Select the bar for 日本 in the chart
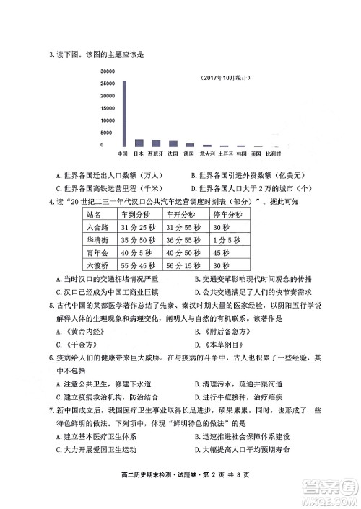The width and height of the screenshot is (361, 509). (139, 143)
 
